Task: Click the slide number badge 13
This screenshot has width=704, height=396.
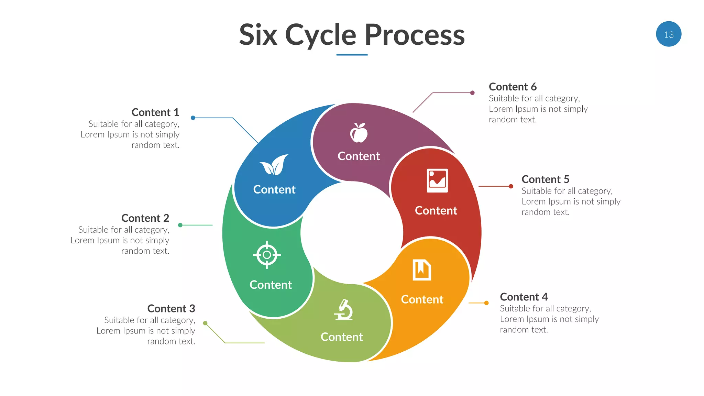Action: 668,34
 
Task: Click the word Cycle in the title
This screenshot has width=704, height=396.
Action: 320,35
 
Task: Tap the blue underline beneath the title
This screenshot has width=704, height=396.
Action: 352,55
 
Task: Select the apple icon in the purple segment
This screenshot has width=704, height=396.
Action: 359,133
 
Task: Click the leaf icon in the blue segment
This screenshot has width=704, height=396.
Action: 274,165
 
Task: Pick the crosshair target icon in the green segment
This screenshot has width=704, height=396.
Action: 267,255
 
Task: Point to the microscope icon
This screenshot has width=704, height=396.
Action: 343,310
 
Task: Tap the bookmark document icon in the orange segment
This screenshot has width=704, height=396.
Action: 422,270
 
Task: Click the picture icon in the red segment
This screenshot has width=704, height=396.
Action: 437,180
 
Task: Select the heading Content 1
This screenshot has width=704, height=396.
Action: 155,112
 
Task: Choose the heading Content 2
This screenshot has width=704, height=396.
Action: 145,218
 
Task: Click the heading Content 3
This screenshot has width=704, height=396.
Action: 171,309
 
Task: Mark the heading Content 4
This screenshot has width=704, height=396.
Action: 524,297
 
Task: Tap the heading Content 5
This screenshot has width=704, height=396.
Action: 545,179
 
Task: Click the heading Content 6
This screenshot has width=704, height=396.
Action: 513,87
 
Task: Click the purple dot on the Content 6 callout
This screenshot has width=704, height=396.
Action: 472,93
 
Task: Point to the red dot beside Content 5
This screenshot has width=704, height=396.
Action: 511,186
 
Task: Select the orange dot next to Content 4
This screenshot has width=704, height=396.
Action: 486,303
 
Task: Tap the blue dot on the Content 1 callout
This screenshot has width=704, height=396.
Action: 193,118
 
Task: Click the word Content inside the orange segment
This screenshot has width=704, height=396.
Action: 422,299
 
